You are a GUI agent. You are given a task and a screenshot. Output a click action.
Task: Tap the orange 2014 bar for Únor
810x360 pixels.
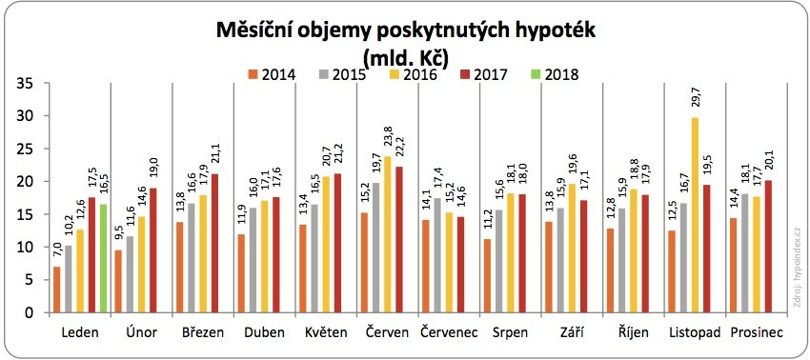[x=119, y=281]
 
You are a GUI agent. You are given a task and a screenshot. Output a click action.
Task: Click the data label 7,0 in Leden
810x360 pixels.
[x=57, y=251]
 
